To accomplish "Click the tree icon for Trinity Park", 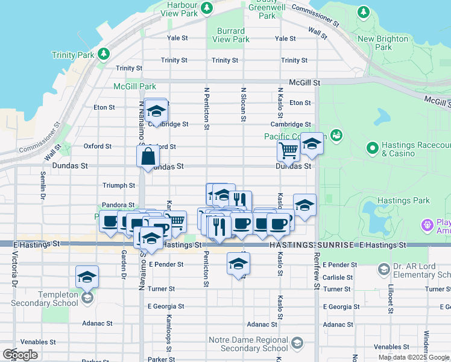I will pyautogui.click(x=104, y=54).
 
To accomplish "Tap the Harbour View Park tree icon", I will pyautogui.click(x=207, y=8).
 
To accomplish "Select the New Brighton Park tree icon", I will pyautogui.click(x=363, y=12).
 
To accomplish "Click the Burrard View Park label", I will pyautogui.click(x=231, y=35).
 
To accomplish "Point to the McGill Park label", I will pyautogui.click(x=135, y=86).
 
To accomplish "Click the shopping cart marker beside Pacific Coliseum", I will pyautogui.click(x=289, y=151).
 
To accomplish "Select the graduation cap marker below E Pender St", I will pyautogui.click(x=239, y=263).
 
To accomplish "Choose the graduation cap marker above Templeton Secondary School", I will pyautogui.click(x=87, y=277).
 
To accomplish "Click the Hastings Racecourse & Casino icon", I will pyautogui.click(x=372, y=147).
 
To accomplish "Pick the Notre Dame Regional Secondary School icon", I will pyautogui.click(x=297, y=344).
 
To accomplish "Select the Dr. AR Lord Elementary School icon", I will pyautogui.click(x=383, y=268).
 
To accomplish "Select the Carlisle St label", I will pyautogui.click(x=337, y=277).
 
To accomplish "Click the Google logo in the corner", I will pyautogui.click(x=20, y=355).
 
